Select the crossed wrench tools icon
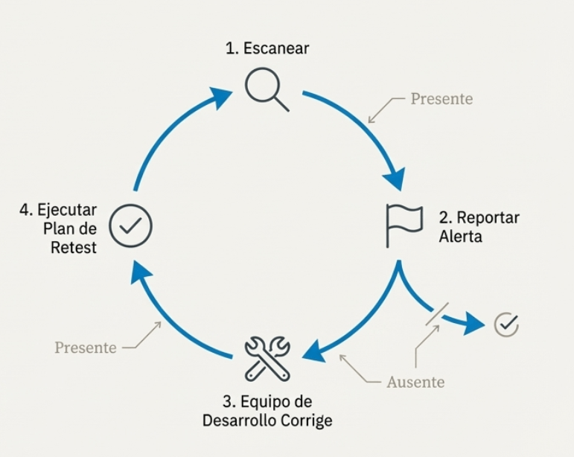coord(267,358)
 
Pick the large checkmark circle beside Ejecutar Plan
coord(131,225)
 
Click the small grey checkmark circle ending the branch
coord(506,324)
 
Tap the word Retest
coord(74,248)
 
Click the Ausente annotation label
coord(415,383)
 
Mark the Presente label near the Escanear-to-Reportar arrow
coord(441,99)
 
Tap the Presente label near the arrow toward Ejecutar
coord(86,348)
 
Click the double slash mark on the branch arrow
coord(436,313)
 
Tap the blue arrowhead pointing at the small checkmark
coord(473,324)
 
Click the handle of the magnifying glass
coord(281,103)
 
